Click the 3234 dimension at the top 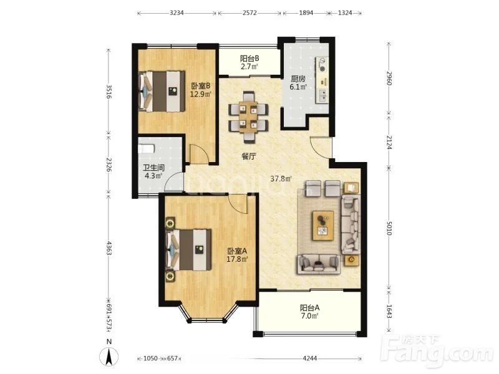pyautogui.click(x=177, y=13)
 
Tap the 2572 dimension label pyautogui.click(x=250, y=13)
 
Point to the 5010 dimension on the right pyautogui.click(x=389, y=228)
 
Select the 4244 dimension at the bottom pyautogui.click(x=309, y=358)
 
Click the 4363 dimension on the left pyautogui.click(x=109, y=248)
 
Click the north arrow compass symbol pyautogui.click(x=109, y=357)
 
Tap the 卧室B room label pyautogui.click(x=200, y=86)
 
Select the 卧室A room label pyautogui.click(x=237, y=251)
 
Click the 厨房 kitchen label pyautogui.click(x=298, y=79)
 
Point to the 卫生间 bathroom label pyautogui.click(x=153, y=168)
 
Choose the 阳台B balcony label pyautogui.click(x=249, y=59)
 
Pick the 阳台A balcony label pyautogui.click(x=309, y=307)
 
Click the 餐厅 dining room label pyautogui.click(x=249, y=156)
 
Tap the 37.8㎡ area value pyautogui.click(x=281, y=179)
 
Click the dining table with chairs pyautogui.click(x=248, y=117)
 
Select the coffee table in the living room pyautogui.click(x=323, y=226)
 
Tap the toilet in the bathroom pyautogui.click(x=147, y=149)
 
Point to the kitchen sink pyautogui.click(x=322, y=95)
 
